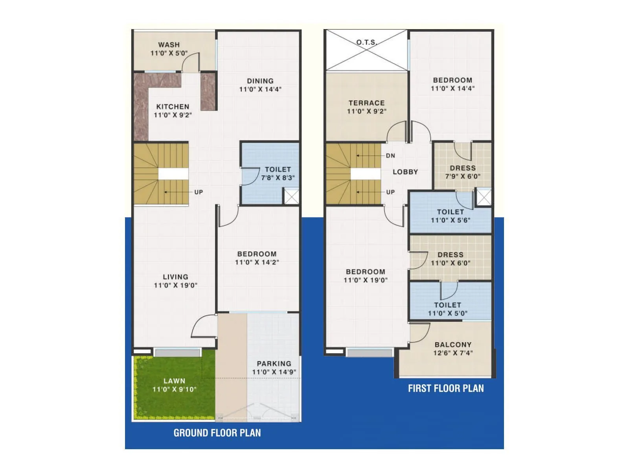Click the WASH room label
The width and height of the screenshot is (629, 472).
point(169,45)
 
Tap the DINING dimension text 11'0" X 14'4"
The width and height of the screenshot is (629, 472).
point(260,89)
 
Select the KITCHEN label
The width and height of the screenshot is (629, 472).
point(173,107)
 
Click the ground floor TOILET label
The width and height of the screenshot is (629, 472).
point(278,170)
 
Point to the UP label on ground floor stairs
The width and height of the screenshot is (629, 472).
point(199,192)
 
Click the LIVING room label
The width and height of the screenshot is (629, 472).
point(175,277)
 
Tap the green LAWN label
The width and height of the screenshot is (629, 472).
point(174,381)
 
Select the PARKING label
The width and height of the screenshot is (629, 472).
point(274,364)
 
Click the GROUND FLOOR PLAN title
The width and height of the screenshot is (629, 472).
point(217,433)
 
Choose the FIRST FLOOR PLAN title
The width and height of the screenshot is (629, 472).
point(446,389)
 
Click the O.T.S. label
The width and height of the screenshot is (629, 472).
point(366,42)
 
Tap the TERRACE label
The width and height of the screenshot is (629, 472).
point(366,103)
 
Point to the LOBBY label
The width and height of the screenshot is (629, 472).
point(405,172)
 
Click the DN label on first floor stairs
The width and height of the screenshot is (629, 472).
point(390,156)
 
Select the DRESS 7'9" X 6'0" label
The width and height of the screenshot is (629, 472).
point(463,172)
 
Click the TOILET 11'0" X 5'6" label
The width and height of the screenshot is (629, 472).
point(451,216)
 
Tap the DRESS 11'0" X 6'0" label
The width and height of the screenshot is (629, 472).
point(451,259)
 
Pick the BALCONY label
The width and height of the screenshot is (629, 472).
point(453,345)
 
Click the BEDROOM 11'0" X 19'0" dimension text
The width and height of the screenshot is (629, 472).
point(366,280)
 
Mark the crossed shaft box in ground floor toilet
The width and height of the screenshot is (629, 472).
point(291,197)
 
